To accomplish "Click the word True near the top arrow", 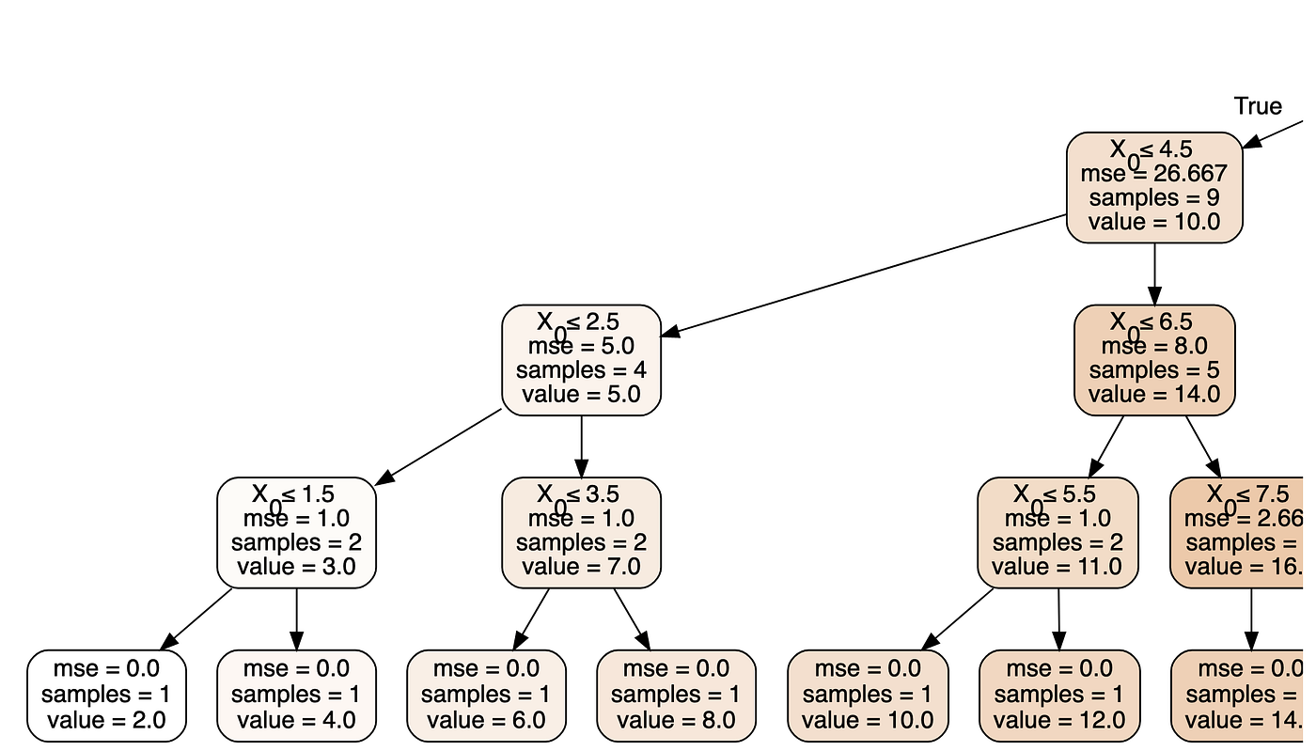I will point(1258,106).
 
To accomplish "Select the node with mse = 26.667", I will point(1154,187).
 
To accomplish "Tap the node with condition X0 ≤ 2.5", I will point(581,359).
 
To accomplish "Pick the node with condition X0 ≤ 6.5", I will point(1154,359).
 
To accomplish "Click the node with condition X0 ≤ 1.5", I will point(296,532).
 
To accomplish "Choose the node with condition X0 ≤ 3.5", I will point(581,532).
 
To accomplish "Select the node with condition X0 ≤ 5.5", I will point(1057,532).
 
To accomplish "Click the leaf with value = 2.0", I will point(106,696).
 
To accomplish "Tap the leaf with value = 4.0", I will point(296,696).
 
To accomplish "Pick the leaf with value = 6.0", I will point(486,696).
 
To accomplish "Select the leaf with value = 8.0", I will point(676,696).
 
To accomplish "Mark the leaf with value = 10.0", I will point(868,696).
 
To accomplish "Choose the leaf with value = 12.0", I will point(1059,696).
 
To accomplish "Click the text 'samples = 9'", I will point(1154,198).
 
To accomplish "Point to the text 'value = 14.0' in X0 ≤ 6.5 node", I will point(1154,395).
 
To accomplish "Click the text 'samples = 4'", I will point(581,370).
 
